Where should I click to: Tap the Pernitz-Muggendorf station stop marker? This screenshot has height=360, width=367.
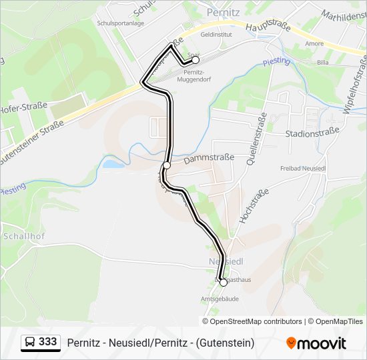196,59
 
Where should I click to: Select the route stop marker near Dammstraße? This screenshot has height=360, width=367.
167,165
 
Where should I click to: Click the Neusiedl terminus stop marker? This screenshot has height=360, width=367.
224,283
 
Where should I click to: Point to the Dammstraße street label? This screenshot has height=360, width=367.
209,158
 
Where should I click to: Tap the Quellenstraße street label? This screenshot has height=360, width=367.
256,139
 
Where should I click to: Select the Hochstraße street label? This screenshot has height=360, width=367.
254,205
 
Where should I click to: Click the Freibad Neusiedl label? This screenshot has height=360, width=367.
302,167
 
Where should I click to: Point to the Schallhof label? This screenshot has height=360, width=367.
23,235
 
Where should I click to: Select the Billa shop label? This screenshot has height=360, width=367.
323,62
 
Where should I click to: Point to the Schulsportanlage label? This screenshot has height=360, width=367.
120,23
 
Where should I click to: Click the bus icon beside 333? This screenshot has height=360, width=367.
30,342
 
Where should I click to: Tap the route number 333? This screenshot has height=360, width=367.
48,342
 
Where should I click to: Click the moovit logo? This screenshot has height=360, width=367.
317,343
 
